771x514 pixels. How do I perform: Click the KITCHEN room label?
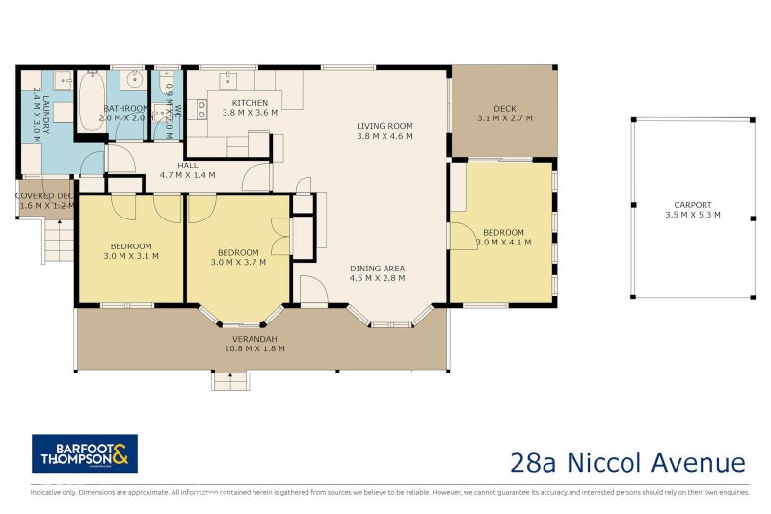click(250, 102)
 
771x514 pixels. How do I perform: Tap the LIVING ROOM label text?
click(384, 125)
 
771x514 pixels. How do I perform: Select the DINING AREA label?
click(377, 268)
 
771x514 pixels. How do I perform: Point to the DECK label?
click(505, 108)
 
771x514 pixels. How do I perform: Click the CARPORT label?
click(693, 204)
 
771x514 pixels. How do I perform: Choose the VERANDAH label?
click(254, 339)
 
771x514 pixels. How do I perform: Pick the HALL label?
click(187, 165)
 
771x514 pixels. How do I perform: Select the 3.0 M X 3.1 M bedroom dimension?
click(131, 256)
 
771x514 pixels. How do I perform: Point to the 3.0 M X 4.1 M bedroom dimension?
click(503, 243)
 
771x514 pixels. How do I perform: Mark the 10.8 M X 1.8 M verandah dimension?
click(254, 348)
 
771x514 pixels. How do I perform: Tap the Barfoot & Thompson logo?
click(85, 453)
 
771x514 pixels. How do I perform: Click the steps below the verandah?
click(230, 381)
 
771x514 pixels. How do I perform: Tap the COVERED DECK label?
click(44, 195)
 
